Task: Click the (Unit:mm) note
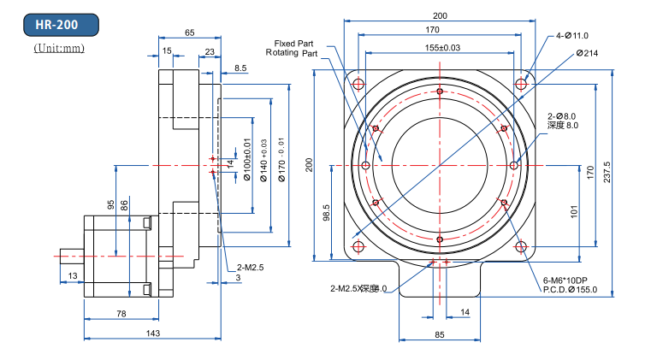tap(59, 49)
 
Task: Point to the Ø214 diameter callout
tap(587, 53)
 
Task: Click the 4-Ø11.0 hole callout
tap(572, 36)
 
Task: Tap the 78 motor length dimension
tap(121, 315)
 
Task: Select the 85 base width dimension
tap(439, 335)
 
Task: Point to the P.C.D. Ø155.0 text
tap(569, 290)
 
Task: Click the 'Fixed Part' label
tap(294, 43)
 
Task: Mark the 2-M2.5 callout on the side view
tap(250, 268)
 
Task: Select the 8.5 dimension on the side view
tap(240, 68)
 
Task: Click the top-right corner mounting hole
tap(521, 83)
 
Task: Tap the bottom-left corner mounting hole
tap(358, 246)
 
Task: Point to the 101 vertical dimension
tap(574, 210)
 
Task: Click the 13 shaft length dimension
tap(72, 275)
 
